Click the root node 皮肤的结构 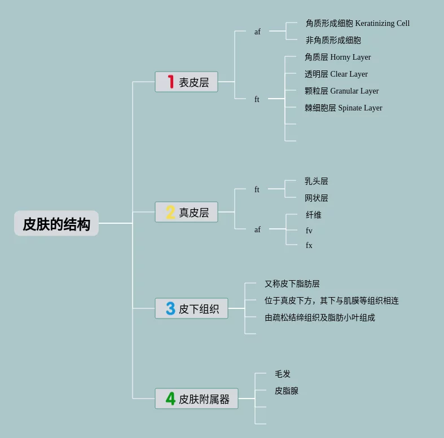pos(56,224)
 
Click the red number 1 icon pos(170,82)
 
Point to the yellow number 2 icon pos(170,213)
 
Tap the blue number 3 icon pos(170,308)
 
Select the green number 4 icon pos(170,399)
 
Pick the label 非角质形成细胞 pos(333,41)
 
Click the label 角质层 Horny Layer pos(337,57)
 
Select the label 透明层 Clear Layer pos(336,74)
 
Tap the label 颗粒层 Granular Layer pos(341,91)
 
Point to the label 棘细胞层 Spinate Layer pos(343,108)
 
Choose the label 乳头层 pos(316,182)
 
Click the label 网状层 pos(316,198)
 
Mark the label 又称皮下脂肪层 pos(292,284)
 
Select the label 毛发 pos(282,374)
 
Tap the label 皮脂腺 pos(286,391)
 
